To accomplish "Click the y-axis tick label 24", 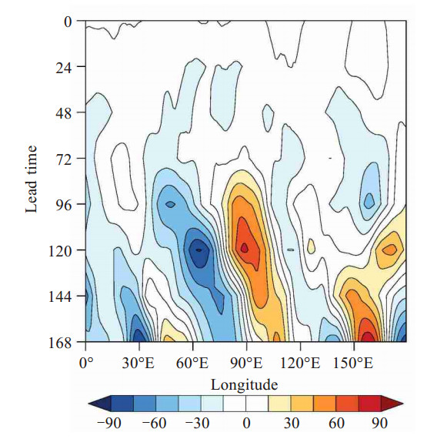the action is (x=63, y=66).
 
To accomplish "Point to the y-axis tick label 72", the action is (x=63, y=158).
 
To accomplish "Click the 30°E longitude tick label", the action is (x=138, y=364).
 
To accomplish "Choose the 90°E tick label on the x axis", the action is (x=246, y=364).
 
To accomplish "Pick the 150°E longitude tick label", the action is (x=352, y=364).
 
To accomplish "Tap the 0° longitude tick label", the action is (x=86, y=364).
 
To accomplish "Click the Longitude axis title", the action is (x=245, y=385).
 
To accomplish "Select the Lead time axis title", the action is (x=32, y=179).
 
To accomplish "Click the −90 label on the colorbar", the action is (x=109, y=423).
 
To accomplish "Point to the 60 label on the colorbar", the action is (x=336, y=423).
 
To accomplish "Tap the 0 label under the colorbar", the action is (x=247, y=423).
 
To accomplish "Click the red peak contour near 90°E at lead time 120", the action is (x=245, y=248).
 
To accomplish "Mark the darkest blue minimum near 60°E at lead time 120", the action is (x=199, y=250).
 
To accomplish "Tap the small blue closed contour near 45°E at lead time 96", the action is (x=170, y=204).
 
